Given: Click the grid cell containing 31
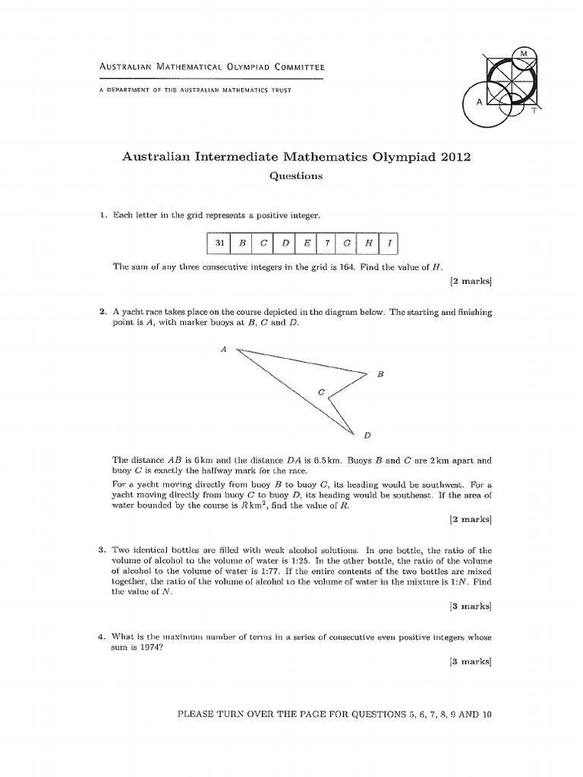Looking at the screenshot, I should [x=219, y=244].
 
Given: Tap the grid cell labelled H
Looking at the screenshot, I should [x=368, y=244].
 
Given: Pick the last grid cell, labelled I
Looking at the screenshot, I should [x=389, y=244].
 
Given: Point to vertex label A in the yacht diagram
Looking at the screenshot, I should [x=224, y=349].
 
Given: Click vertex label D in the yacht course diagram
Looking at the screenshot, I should [x=367, y=435].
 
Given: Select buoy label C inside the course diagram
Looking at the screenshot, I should [x=320, y=392].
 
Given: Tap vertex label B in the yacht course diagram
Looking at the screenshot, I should [x=380, y=374].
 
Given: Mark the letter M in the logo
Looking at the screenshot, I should [x=523, y=53].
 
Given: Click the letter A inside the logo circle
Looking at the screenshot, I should [x=479, y=102].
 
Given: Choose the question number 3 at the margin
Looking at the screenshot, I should [x=101, y=549].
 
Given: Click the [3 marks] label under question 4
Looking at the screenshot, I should [x=471, y=662].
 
